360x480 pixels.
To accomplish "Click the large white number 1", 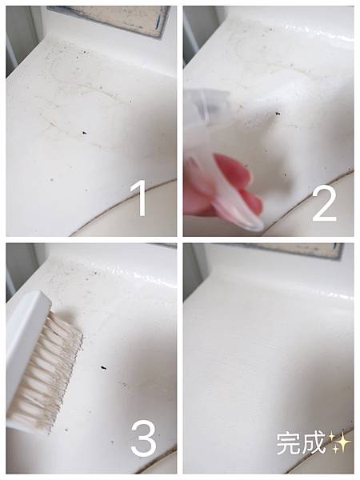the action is [x=139, y=198].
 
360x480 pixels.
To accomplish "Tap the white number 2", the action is [x=324, y=203].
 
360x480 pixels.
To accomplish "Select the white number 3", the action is [x=143, y=438].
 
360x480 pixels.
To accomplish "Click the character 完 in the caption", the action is [x=288, y=442].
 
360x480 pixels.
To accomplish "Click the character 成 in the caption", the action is [x=312, y=442].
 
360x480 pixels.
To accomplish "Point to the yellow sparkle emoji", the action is [x=339, y=442].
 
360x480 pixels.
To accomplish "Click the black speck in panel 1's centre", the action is [x=84, y=133].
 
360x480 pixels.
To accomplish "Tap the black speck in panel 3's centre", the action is [x=103, y=368].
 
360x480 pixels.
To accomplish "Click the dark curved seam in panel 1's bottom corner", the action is [x=122, y=207].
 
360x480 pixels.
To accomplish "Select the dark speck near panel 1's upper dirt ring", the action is [x=84, y=53].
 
